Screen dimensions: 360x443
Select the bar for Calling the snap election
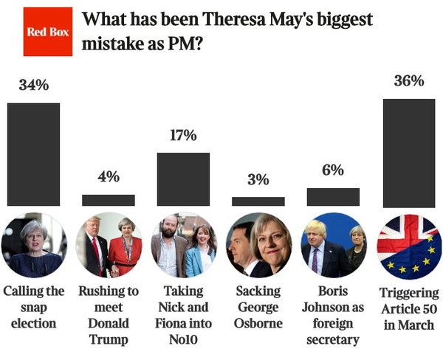[33, 154]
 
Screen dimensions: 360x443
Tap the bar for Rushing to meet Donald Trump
[109, 200]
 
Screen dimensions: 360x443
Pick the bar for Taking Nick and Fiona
[183, 179]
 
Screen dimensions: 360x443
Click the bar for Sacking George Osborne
[258, 201]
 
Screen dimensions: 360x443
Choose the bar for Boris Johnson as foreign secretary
[333, 197]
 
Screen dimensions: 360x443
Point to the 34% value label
[33, 85]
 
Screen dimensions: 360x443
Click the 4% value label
[109, 177]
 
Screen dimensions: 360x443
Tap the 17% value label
[183, 135]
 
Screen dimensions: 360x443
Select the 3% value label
[258, 180]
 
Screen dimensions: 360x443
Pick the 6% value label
[333, 170]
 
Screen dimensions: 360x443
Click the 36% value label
[408, 80]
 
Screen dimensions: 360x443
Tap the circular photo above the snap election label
[33, 245]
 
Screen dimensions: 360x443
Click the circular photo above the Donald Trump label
[109, 245]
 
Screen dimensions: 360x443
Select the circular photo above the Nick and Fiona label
[183, 245]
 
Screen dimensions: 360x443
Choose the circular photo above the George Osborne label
[258, 245]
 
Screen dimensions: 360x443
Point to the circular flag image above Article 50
[408, 245]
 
